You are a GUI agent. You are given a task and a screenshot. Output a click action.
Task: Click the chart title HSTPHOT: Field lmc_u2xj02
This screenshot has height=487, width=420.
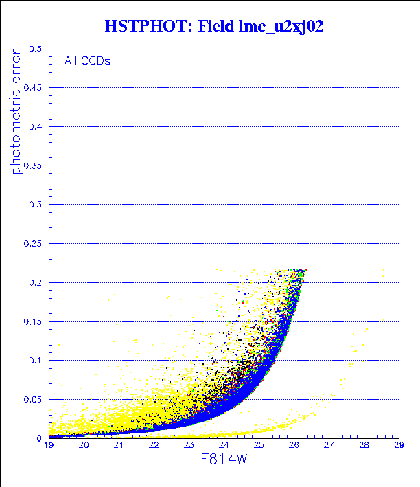(213, 27)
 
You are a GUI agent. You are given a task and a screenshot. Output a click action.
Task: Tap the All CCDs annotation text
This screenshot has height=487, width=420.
(87, 60)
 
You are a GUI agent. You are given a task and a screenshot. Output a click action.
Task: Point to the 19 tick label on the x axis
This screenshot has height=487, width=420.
(49, 446)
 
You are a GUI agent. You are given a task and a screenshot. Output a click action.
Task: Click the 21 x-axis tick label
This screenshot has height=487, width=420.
(119, 446)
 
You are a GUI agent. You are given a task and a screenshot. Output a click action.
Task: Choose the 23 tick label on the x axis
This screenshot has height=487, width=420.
(189, 446)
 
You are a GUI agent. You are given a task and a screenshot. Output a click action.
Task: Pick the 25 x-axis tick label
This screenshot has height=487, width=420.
(259, 446)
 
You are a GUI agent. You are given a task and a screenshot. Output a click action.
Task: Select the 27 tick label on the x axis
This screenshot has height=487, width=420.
(328, 446)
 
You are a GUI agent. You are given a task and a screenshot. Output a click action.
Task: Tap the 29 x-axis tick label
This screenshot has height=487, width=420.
(398, 446)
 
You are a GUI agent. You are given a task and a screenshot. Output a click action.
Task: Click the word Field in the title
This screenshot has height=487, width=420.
(218, 27)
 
